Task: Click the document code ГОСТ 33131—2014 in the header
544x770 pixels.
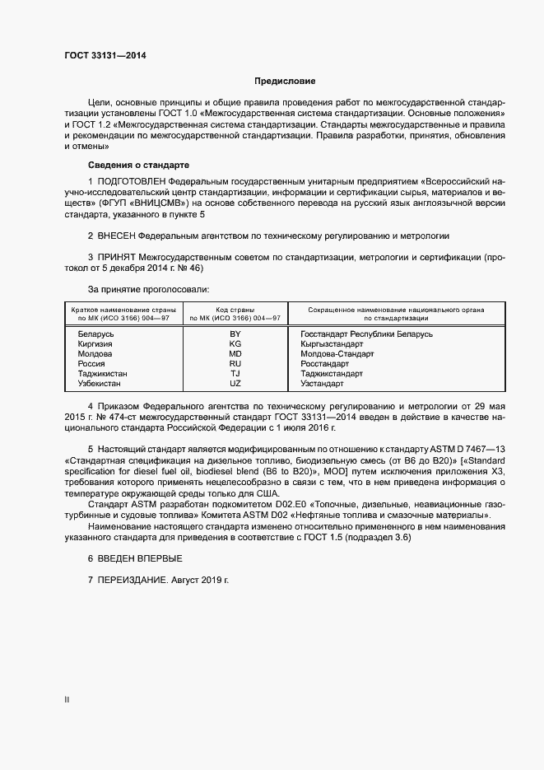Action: click(105, 56)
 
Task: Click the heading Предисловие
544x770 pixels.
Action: click(284, 82)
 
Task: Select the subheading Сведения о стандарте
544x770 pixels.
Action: click(138, 165)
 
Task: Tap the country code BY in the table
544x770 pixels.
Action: click(235, 334)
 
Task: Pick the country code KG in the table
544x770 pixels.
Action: click(235, 344)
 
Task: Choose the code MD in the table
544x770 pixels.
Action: click(235, 354)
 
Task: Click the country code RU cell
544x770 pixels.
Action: click(235, 364)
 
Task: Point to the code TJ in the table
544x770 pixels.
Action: click(235, 374)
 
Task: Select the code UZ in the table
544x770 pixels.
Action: click(235, 384)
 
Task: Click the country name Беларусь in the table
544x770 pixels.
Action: click(95, 334)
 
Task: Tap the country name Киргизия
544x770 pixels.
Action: click(96, 344)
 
